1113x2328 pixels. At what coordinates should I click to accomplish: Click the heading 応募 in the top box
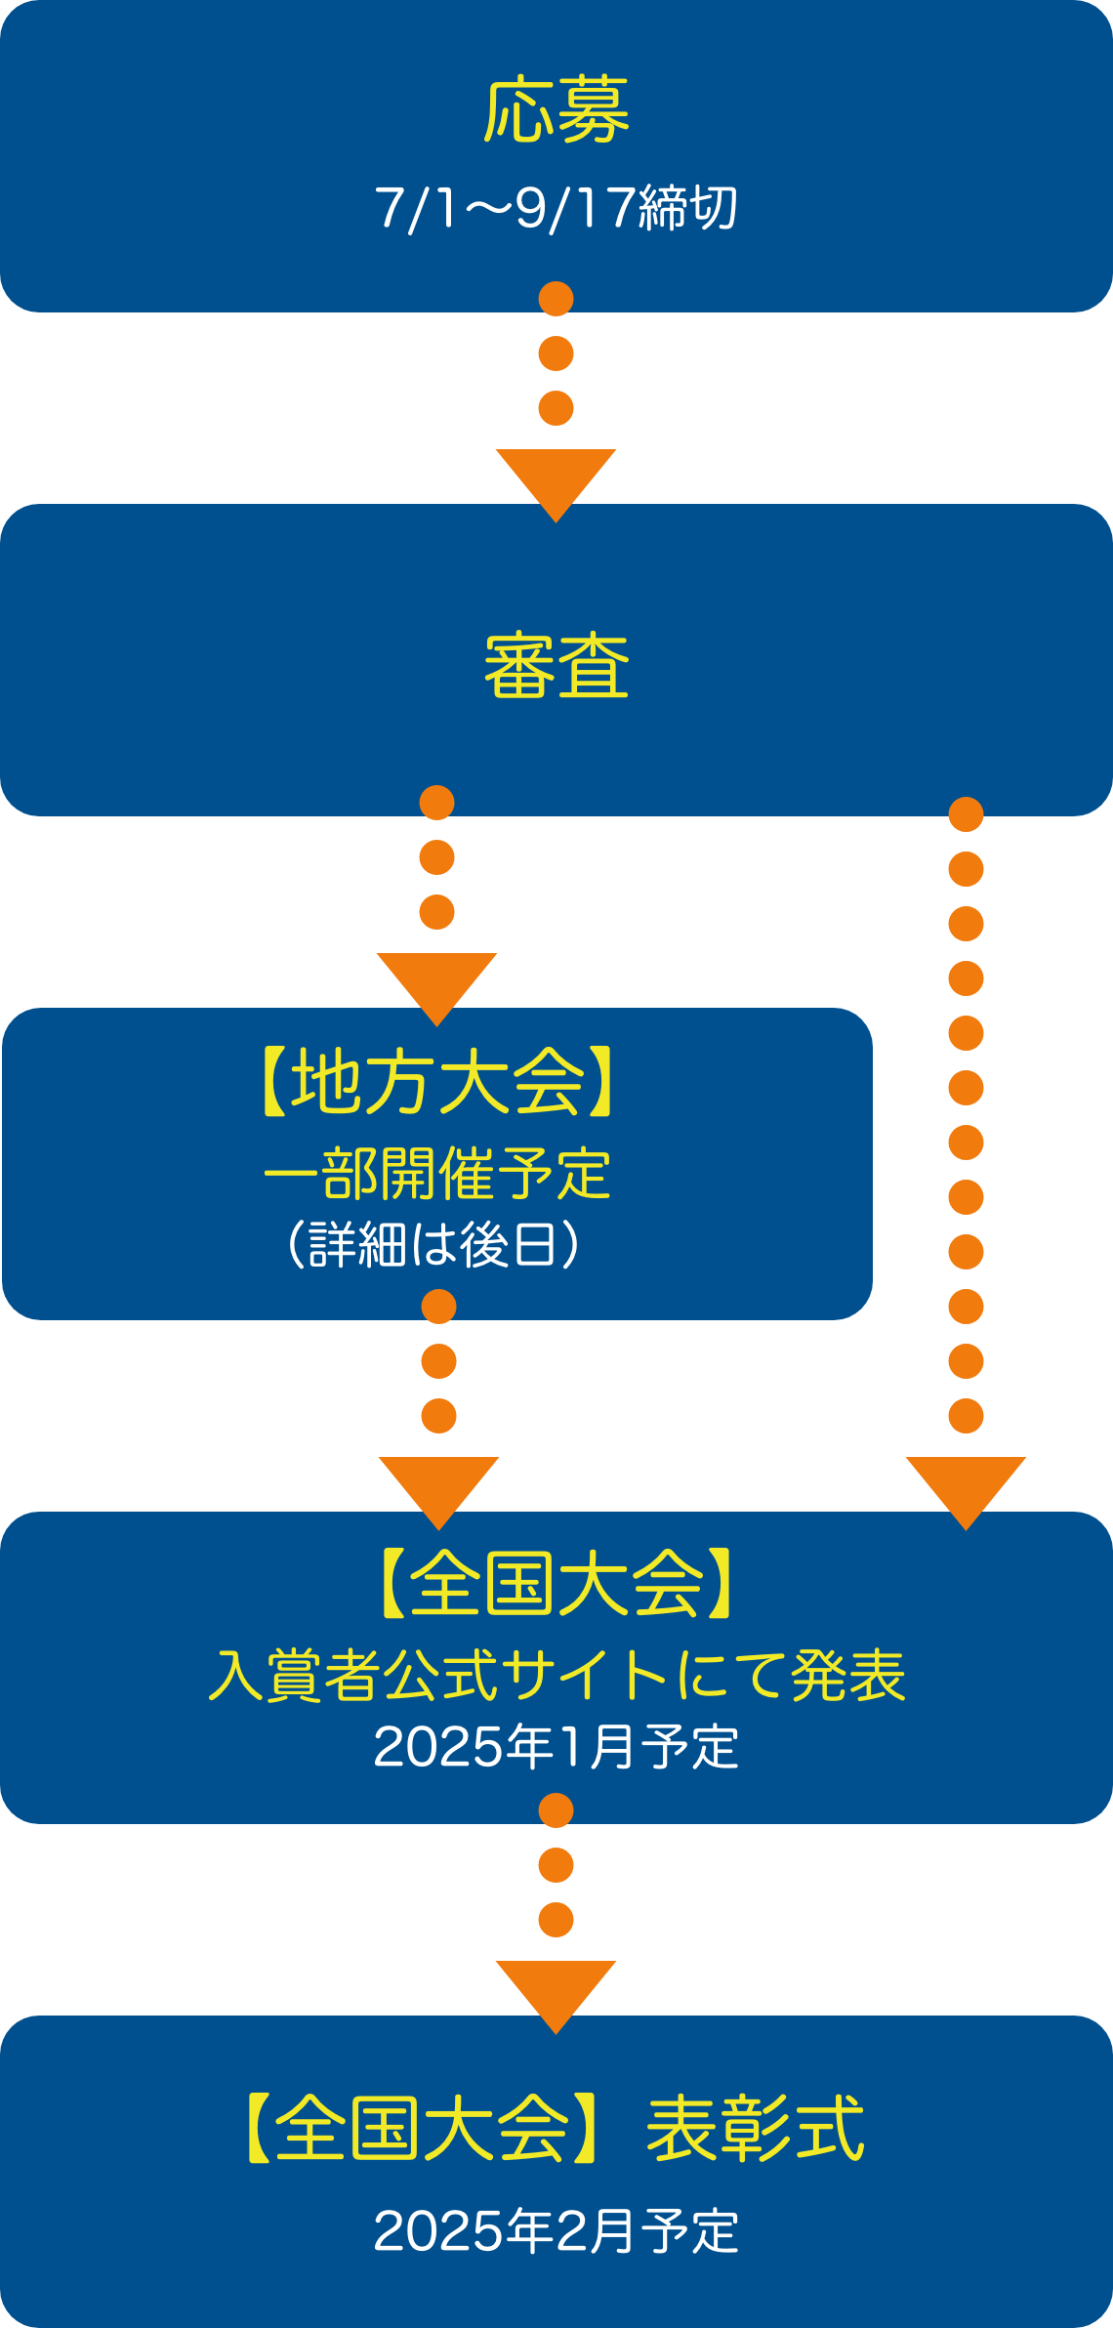coord(556,111)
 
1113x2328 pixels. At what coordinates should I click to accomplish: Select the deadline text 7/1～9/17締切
coord(556,208)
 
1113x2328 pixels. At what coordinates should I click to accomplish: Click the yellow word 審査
coord(556,666)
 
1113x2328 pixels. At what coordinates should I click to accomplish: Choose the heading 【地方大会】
coord(436,1082)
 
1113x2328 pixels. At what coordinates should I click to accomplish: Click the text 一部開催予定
coord(436,1174)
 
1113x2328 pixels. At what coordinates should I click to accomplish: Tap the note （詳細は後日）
coord(436,1244)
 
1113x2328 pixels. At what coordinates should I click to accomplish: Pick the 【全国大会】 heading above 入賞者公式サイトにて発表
coord(556,1584)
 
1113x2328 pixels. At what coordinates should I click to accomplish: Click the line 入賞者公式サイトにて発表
coord(556,1676)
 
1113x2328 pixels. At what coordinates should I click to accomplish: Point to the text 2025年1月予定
coord(556,1746)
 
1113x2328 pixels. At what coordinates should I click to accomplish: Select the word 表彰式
coord(755,2129)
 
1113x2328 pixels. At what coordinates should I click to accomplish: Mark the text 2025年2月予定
coord(556,2231)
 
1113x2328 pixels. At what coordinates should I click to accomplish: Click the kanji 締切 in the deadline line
coord(687,208)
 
